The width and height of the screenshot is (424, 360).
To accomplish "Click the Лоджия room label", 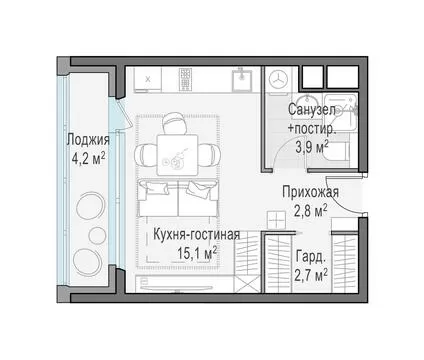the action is click(88, 140).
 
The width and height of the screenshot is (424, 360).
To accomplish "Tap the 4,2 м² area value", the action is click(89, 158).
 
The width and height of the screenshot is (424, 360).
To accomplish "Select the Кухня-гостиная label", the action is click(197, 235).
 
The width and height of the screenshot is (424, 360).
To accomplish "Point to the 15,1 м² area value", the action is click(197, 253).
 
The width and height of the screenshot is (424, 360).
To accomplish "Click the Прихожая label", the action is click(310, 192).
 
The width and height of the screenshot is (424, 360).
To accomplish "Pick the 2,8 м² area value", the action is click(310, 210).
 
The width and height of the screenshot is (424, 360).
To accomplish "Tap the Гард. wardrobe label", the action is click(310, 257).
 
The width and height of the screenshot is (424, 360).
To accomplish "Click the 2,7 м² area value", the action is click(310, 275).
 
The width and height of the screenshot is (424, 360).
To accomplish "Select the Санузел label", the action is click(312, 110).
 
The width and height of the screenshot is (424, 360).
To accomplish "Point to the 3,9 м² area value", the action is click(312, 147).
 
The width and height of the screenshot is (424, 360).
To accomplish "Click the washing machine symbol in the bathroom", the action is click(278, 79).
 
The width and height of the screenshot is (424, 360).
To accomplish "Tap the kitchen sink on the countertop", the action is click(241, 79).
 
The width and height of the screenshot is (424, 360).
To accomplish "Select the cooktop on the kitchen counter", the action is click(186, 79).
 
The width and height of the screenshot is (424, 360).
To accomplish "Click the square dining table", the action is click(177, 155).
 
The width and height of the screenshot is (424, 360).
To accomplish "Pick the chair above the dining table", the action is click(175, 123).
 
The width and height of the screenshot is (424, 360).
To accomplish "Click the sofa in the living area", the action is click(178, 198).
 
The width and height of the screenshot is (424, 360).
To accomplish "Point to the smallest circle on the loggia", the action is click(97, 235).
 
